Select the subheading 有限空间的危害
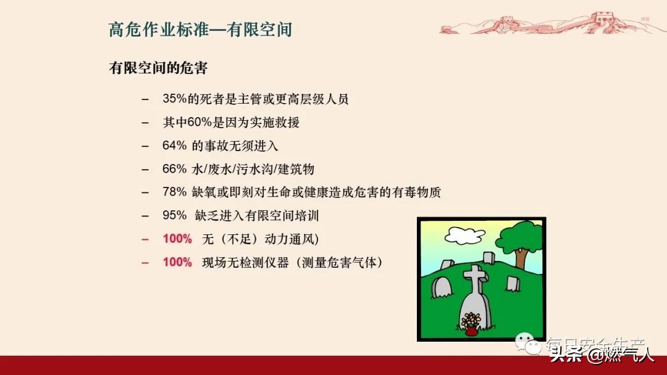click(158, 68)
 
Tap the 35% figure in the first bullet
click(174, 99)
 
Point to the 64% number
click(174, 146)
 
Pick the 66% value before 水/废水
click(174, 169)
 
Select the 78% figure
click(174, 192)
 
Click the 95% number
click(174, 216)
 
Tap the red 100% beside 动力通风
click(177, 239)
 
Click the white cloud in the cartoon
click(464, 234)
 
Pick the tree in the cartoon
click(519, 241)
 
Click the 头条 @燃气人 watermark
click(602, 355)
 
